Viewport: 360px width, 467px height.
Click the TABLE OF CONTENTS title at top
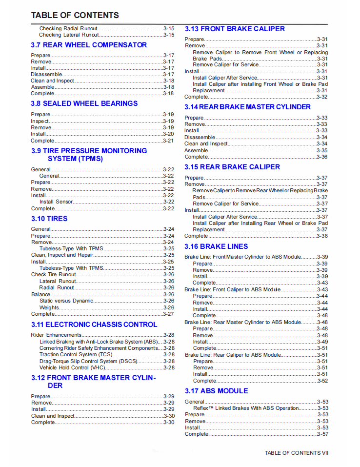pyautogui.click(x=75, y=15)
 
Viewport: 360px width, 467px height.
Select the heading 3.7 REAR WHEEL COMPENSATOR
pyautogui.click(x=89, y=45)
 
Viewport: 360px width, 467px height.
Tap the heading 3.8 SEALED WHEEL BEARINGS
pyautogui.click(x=84, y=103)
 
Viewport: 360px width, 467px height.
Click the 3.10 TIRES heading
pyautogui.click(x=49, y=219)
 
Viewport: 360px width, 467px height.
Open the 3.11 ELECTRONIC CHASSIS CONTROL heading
pyautogui.click(x=94, y=325)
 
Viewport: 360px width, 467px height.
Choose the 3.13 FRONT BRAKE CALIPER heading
pyautogui.click(x=235, y=29)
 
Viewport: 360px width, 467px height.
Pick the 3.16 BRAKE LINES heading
pyautogui.click(x=216, y=246)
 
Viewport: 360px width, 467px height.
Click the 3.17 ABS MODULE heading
pyautogui.click(x=216, y=391)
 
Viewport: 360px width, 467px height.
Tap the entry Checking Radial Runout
pyautogui.click(x=68, y=29)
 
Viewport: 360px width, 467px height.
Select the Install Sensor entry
pyautogui.click(x=56, y=202)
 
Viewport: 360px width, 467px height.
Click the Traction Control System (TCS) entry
pyautogui.click(x=76, y=355)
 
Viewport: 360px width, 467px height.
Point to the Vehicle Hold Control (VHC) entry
pyautogui.click(x=72, y=367)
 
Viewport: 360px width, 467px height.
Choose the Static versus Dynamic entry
pyautogui.click(x=66, y=301)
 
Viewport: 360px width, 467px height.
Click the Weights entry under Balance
pyautogui.click(x=49, y=307)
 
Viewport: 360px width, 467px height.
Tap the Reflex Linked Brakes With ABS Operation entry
pyautogui.click(x=246, y=408)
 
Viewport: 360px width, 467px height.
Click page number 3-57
pyautogui.click(x=322, y=434)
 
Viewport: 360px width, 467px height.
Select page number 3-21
pyautogui.click(x=168, y=141)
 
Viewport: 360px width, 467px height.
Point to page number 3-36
pyautogui.click(x=322, y=157)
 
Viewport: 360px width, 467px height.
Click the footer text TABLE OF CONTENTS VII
pyautogui.click(x=297, y=453)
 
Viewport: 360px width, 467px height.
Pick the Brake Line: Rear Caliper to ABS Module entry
pyautogui.click(x=233, y=355)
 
